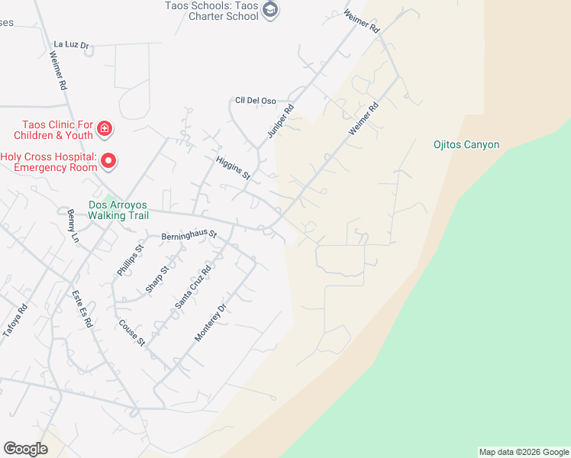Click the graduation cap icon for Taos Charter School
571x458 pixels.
tap(270, 9)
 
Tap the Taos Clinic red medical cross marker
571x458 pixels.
tap(105, 130)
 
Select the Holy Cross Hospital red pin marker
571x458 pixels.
tap(108, 161)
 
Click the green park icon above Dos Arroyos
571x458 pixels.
tap(110, 199)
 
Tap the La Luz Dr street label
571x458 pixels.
tap(72, 45)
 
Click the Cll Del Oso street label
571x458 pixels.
tap(255, 101)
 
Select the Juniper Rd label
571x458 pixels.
tap(280, 121)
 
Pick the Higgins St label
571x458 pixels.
tap(233, 164)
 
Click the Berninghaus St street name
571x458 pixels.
tap(189, 236)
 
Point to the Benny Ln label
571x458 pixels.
tap(73, 226)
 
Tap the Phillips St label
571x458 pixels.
tap(130, 260)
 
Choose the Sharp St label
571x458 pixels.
tap(156, 279)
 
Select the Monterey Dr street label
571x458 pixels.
tap(211, 323)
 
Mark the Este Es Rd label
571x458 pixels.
tap(82, 308)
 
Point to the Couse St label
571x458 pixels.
tap(131, 331)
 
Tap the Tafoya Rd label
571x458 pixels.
tap(15, 321)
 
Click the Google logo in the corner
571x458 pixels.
tap(25, 449)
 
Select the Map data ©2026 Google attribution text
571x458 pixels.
tap(523, 452)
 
